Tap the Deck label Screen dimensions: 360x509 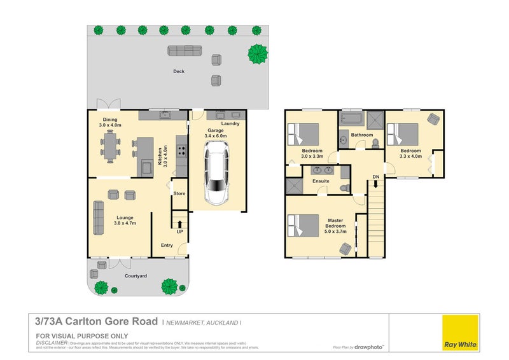pyautogui.click(x=179, y=71)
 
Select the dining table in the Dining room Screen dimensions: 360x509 pyautogui.click(x=110, y=148)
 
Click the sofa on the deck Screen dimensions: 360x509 pyautogui.click(x=184, y=50)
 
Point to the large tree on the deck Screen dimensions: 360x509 pyautogui.click(x=258, y=52)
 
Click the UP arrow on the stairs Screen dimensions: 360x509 pyautogui.click(x=180, y=223)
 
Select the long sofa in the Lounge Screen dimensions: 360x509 pyautogui.click(x=99, y=218)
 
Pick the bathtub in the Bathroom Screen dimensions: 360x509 pyautogui.click(x=350, y=118)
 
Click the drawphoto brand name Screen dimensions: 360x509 pyautogui.click(x=371, y=347)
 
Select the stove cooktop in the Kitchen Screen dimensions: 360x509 pyautogui.click(x=181, y=151)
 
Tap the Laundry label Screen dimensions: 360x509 pyautogui.click(x=230, y=123)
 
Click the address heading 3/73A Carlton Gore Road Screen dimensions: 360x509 pyautogui.click(x=95, y=322)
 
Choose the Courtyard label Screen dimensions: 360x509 pyautogui.click(x=136, y=276)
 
